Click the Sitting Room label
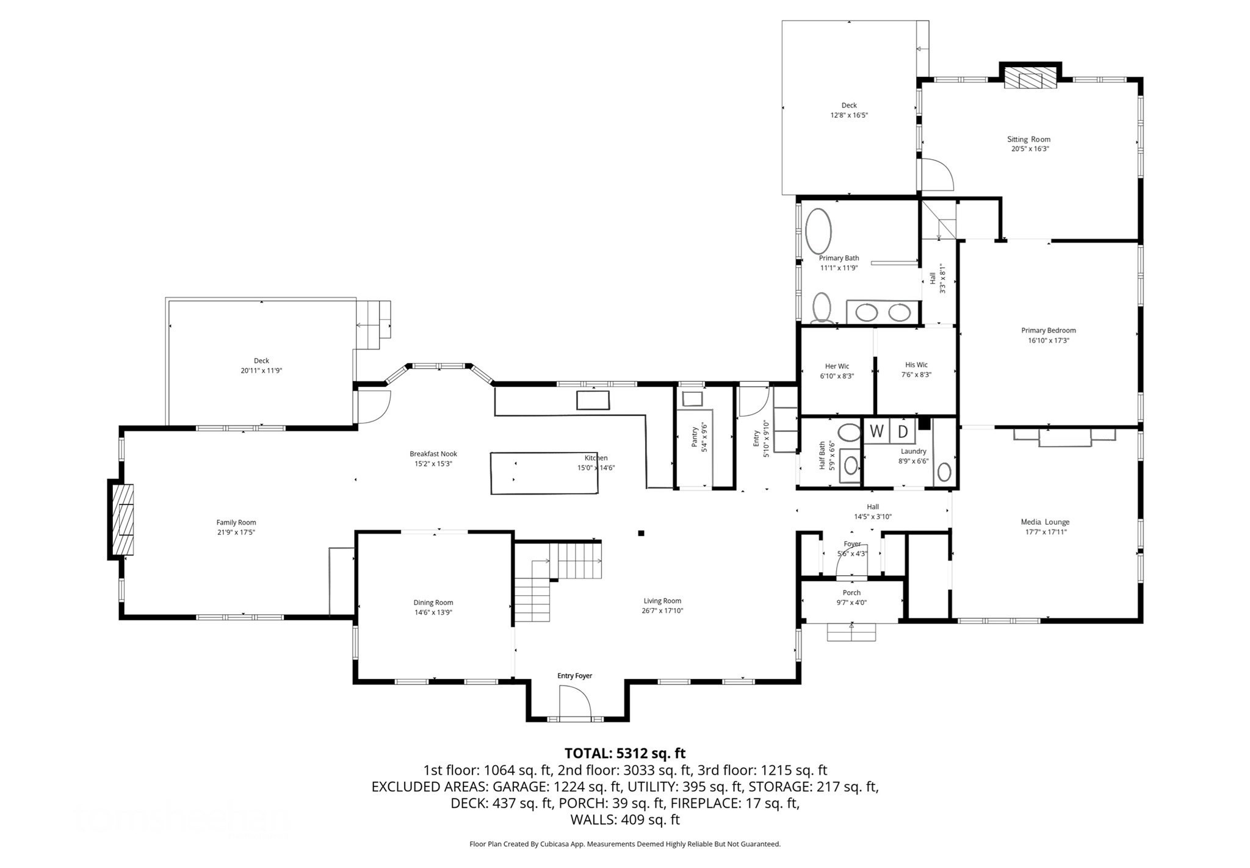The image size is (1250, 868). pyautogui.click(x=1028, y=139)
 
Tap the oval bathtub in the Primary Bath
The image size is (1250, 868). pyautogui.click(x=818, y=231)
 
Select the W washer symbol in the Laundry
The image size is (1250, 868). pyautogui.click(x=876, y=431)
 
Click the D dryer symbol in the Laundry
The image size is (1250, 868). pyautogui.click(x=903, y=431)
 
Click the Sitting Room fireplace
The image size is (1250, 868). pyautogui.click(x=1030, y=78)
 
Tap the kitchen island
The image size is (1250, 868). pyautogui.click(x=544, y=473)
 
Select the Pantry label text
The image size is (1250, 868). pyautogui.click(x=695, y=437)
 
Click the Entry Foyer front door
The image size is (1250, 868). pyautogui.click(x=575, y=703)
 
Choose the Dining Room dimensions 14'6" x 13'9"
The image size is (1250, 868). pyautogui.click(x=433, y=612)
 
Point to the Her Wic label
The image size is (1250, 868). pyautogui.click(x=837, y=367)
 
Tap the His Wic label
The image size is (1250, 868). pyautogui.click(x=916, y=365)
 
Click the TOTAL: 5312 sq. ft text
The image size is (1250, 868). pyautogui.click(x=624, y=753)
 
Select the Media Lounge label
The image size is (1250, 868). pyautogui.click(x=1045, y=522)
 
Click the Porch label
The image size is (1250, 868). pyautogui.click(x=851, y=592)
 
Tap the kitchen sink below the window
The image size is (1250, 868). pyautogui.click(x=593, y=400)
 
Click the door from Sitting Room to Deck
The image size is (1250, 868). pyautogui.click(x=936, y=175)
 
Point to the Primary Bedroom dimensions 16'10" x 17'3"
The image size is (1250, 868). pyautogui.click(x=1048, y=340)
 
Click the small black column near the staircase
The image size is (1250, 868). pyautogui.click(x=641, y=533)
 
